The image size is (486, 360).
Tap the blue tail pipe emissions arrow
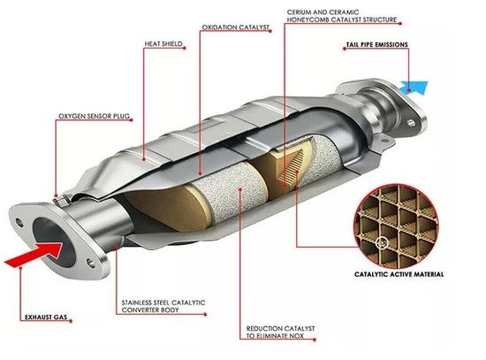click(x=414, y=88)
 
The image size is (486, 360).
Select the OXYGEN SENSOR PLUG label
click(x=95, y=116)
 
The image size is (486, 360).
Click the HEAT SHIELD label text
click(x=163, y=43)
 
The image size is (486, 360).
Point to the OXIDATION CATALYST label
click(x=235, y=27)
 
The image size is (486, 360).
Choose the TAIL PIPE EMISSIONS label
click(x=377, y=45)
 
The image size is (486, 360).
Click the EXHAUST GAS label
click(x=46, y=318)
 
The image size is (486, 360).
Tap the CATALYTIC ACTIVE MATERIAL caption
click(x=399, y=274)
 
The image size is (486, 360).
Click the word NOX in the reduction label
click(x=296, y=336)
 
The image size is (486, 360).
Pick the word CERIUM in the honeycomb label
click(x=299, y=12)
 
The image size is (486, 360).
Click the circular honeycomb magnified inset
click(x=397, y=226)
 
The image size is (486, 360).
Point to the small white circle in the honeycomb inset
click(x=383, y=241)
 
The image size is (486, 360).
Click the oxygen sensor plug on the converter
click(x=61, y=200)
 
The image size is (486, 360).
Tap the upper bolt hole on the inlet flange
click(x=19, y=223)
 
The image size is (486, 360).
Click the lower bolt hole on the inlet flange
click(x=91, y=263)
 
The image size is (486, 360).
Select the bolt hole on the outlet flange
click(x=412, y=122)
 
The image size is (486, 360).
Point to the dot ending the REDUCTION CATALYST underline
click(x=315, y=340)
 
